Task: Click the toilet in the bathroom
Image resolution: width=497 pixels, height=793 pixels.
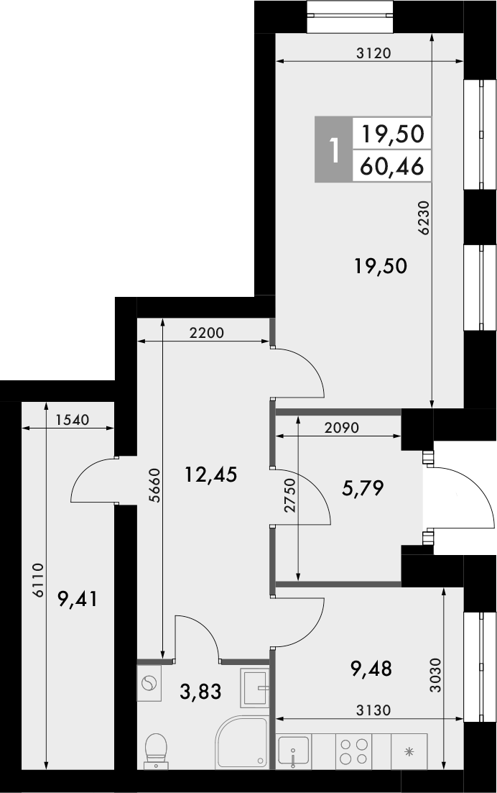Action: (x=155, y=751)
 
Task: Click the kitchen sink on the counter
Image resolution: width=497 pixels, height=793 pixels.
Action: (x=293, y=753)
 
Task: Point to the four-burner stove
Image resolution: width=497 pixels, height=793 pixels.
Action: (x=354, y=752)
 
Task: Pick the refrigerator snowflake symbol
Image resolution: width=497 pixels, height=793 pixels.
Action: (x=409, y=752)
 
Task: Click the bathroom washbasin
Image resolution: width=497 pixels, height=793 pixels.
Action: (x=255, y=687)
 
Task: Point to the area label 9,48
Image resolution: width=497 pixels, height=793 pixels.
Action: (x=371, y=669)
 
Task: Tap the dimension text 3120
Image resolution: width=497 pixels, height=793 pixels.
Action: (x=373, y=52)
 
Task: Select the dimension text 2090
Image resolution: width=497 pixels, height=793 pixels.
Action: (x=341, y=426)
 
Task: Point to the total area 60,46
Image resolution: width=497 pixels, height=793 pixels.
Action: (x=392, y=168)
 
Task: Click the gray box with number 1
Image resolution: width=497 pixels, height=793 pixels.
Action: (x=333, y=150)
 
